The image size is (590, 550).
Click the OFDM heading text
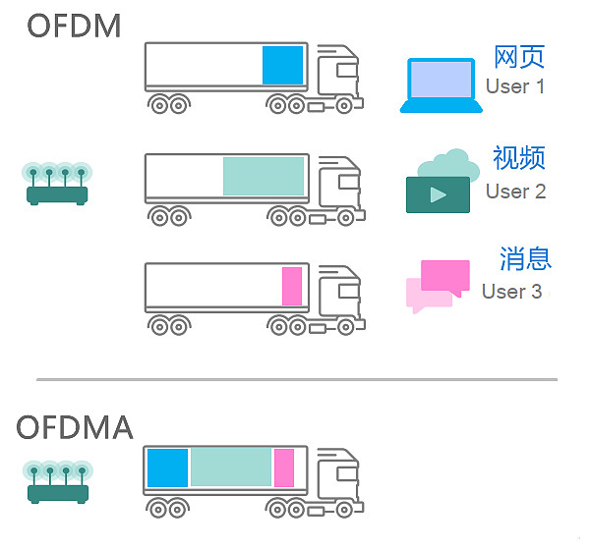pos(75,26)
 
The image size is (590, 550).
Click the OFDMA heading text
pos(76,428)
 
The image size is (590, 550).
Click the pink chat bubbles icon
pos(438,285)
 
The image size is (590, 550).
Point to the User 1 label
pos(515,86)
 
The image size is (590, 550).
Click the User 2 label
pos(515,191)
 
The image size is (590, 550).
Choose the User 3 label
pos(511,292)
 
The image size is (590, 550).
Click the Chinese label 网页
pos(518,57)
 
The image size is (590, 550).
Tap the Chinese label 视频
pos(518,158)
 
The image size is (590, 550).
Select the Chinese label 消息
pos(525,259)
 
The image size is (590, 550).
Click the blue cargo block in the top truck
pos(282,65)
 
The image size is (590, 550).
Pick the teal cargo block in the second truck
pos(264,176)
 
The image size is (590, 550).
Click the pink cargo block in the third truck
pos(292,286)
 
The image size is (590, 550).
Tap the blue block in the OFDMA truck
pos(167,467)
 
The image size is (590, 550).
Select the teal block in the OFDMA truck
pos(231,467)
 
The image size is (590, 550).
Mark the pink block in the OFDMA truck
pos(284,467)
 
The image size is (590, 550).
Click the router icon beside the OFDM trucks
pos(56,184)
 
